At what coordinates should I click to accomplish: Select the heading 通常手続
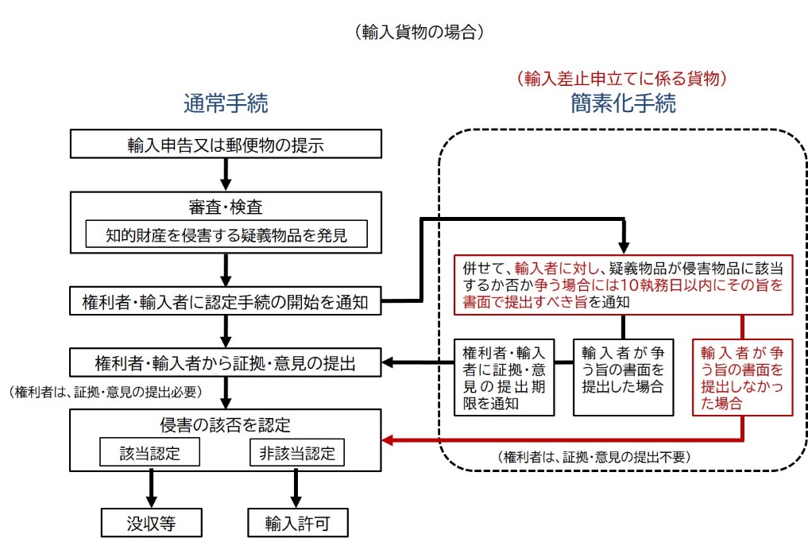tap(226, 103)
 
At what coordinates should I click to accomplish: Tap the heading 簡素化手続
tap(624, 103)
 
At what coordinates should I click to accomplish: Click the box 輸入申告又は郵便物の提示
tap(226, 145)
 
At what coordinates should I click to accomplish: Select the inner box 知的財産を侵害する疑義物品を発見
tap(226, 234)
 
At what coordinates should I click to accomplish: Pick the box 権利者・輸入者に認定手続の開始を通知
tap(226, 302)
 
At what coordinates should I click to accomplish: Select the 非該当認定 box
tap(296, 453)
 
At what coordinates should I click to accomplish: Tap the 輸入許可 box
tap(296, 525)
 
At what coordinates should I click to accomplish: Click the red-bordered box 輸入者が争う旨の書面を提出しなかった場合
tap(742, 377)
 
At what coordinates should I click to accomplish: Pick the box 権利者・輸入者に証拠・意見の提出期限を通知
tap(504, 377)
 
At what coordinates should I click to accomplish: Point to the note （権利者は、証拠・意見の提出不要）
tap(594, 457)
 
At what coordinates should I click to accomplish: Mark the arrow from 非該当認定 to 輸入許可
tap(296, 489)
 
